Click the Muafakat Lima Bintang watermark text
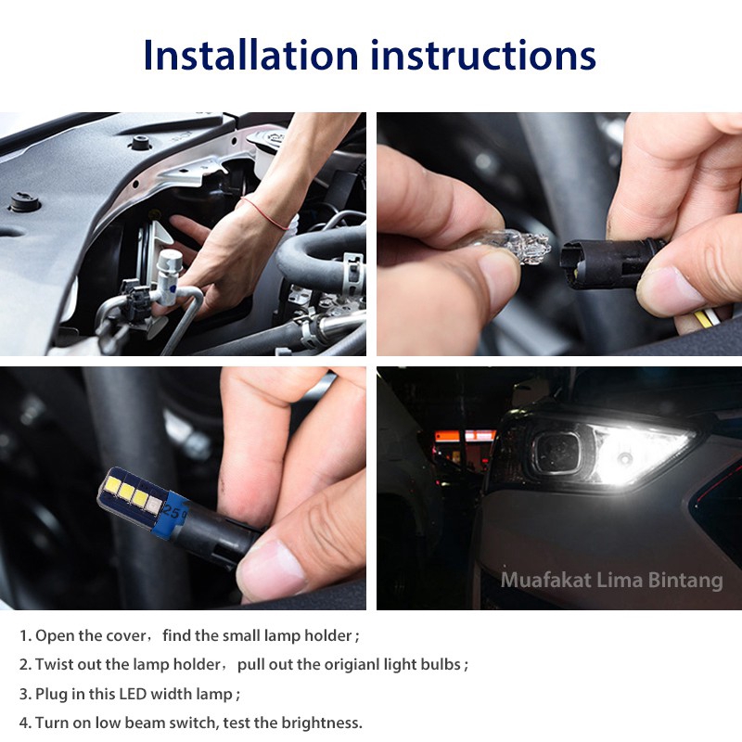[x=611, y=581]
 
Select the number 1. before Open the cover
[x=25, y=636]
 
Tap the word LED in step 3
[x=126, y=694]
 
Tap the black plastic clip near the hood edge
[x=141, y=144]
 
